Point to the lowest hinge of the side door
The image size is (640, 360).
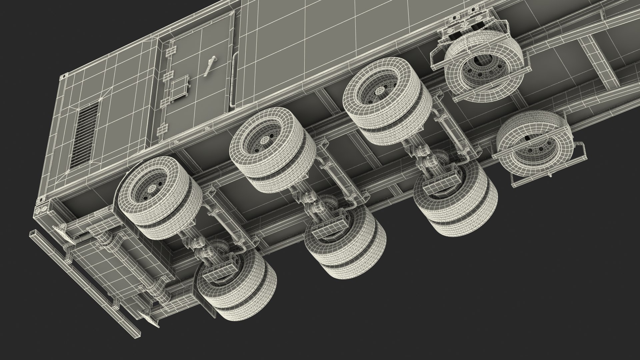click(x=163, y=130)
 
